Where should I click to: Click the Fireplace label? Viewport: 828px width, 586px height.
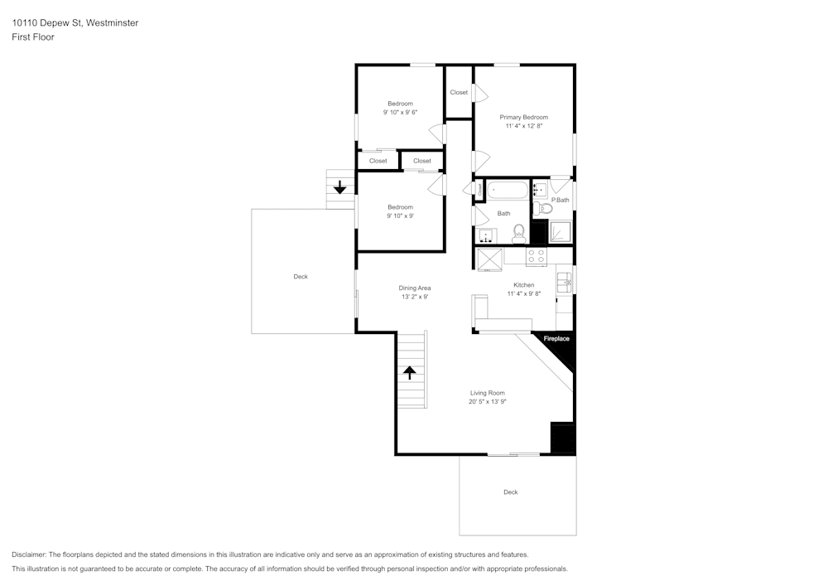point(556,338)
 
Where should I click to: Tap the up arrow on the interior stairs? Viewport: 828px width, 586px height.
point(409,372)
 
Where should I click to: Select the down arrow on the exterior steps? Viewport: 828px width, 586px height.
point(339,188)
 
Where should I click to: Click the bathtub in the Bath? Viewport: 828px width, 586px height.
point(507,191)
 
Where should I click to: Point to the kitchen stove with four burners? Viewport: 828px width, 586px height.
point(537,257)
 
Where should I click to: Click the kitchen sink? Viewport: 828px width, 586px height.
point(566,282)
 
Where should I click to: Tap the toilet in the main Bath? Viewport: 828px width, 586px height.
point(519,233)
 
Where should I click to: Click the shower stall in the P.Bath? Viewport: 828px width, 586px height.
point(561,231)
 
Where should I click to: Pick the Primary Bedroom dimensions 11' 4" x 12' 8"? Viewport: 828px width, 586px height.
point(523,127)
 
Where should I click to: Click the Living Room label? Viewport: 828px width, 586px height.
point(488,393)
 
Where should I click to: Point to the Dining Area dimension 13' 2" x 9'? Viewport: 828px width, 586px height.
point(415,297)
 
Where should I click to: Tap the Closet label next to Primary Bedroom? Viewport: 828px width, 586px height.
point(459,92)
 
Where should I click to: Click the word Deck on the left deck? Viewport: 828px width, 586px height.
point(301,277)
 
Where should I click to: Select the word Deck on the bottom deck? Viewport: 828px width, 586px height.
point(511,492)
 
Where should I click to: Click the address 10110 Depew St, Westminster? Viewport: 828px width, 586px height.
point(75,23)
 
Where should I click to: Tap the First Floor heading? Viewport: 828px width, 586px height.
point(33,37)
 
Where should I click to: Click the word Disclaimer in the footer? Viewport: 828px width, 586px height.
point(30,555)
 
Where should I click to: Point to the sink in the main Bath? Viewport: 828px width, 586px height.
point(488,236)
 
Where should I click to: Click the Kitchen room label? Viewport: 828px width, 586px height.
point(523,285)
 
